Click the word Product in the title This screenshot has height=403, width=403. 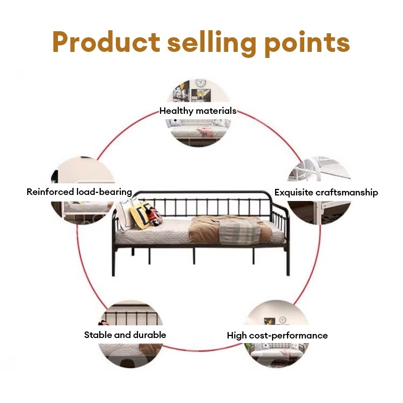(x=105, y=42)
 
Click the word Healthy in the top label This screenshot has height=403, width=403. (x=175, y=111)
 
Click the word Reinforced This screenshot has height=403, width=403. (x=50, y=192)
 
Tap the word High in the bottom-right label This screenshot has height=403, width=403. (x=237, y=335)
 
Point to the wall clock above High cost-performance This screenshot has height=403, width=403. (x=282, y=320)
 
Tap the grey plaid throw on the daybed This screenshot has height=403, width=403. (x=239, y=232)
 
